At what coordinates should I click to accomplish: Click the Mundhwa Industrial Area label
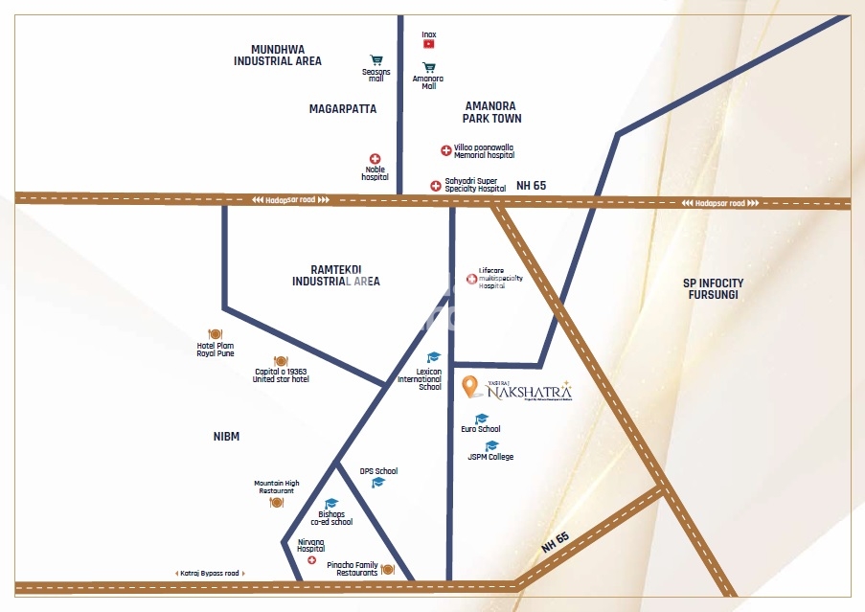pyautogui.click(x=278, y=55)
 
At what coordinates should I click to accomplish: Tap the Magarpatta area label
pyautogui.click(x=342, y=109)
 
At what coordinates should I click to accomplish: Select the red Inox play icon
pyautogui.click(x=428, y=44)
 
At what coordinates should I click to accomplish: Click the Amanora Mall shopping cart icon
pyautogui.click(x=428, y=68)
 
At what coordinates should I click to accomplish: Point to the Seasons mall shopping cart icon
pyautogui.click(x=376, y=59)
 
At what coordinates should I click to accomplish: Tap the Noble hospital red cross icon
pyautogui.click(x=375, y=159)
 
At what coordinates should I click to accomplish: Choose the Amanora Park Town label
pyautogui.click(x=492, y=112)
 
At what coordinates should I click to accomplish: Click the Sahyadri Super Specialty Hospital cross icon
pyautogui.click(x=436, y=185)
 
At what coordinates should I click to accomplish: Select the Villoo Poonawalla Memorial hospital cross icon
pyautogui.click(x=445, y=150)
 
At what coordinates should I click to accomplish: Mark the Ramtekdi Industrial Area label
pyautogui.click(x=335, y=276)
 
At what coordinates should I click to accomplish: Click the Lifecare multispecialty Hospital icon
pyautogui.click(x=470, y=279)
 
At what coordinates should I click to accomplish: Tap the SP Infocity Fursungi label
pyautogui.click(x=713, y=289)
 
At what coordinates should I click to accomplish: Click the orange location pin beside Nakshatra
pyautogui.click(x=469, y=386)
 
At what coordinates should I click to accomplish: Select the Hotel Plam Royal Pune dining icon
pyautogui.click(x=215, y=334)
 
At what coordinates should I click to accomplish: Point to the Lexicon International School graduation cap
pyautogui.click(x=433, y=357)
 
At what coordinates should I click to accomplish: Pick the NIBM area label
pyautogui.click(x=227, y=437)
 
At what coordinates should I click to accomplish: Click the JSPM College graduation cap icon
pyautogui.click(x=491, y=445)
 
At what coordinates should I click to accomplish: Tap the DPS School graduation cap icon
pyautogui.click(x=378, y=482)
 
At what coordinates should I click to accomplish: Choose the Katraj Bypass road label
pyautogui.click(x=209, y=573)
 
